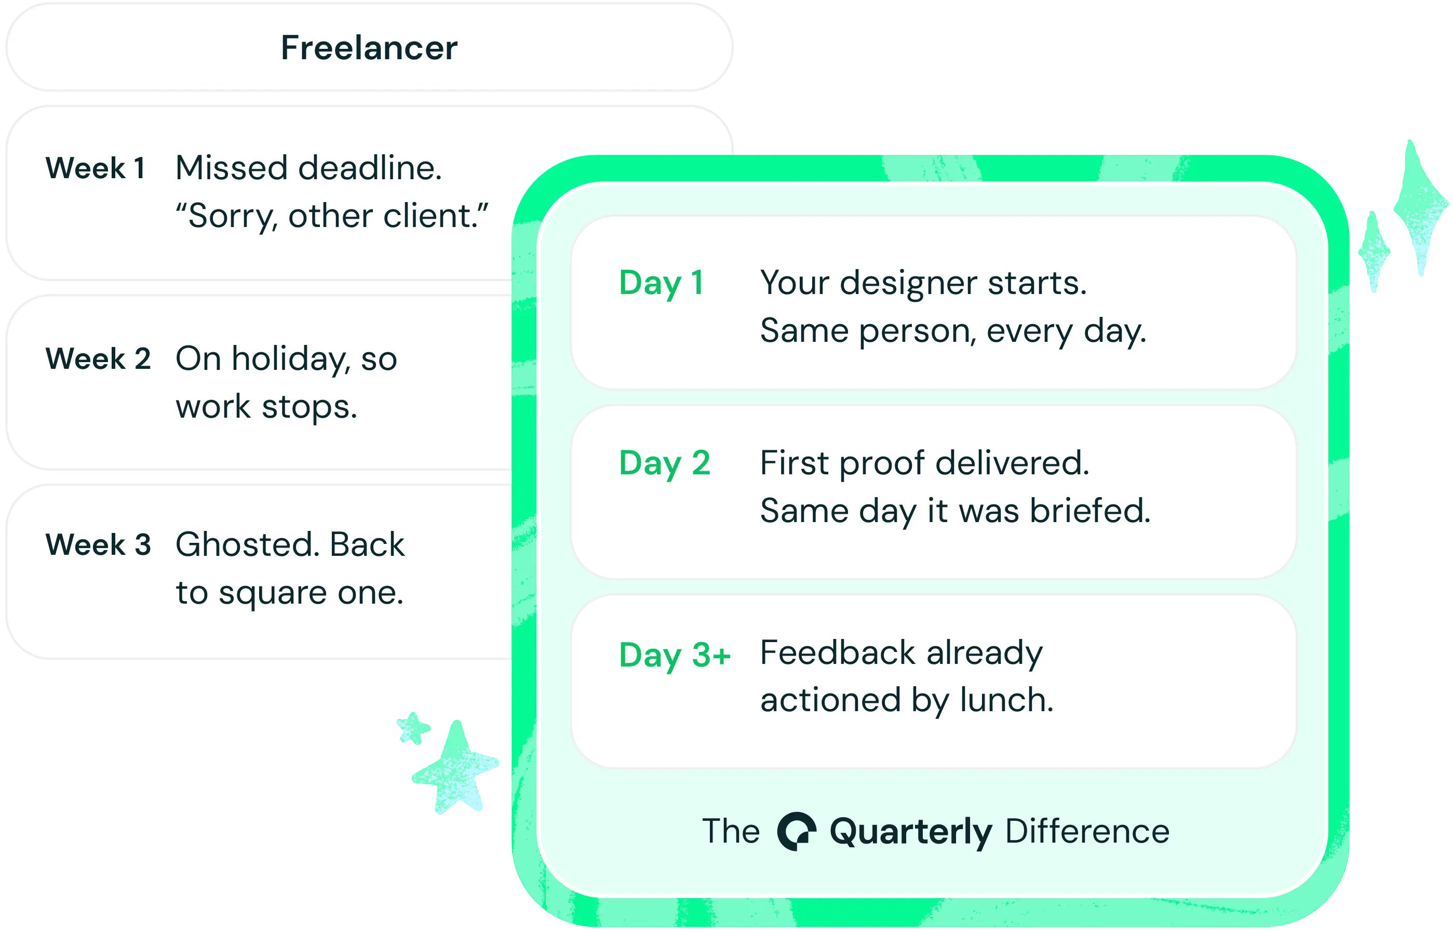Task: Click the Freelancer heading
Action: [x=369, y=48]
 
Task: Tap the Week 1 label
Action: [x=95, y=168]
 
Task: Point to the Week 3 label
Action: [x=98, y=544]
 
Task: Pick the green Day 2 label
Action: [x=664, y=463]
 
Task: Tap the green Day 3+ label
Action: [x=675, y=655]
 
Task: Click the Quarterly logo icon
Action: [x=796, y=831]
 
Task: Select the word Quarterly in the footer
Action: [x=910, y=832]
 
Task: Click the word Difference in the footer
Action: [x=1087, y=831]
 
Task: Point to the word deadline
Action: [x=369, y=168]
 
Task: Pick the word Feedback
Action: [x=837, y=653]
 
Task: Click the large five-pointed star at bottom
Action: [x=455, y=767]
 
